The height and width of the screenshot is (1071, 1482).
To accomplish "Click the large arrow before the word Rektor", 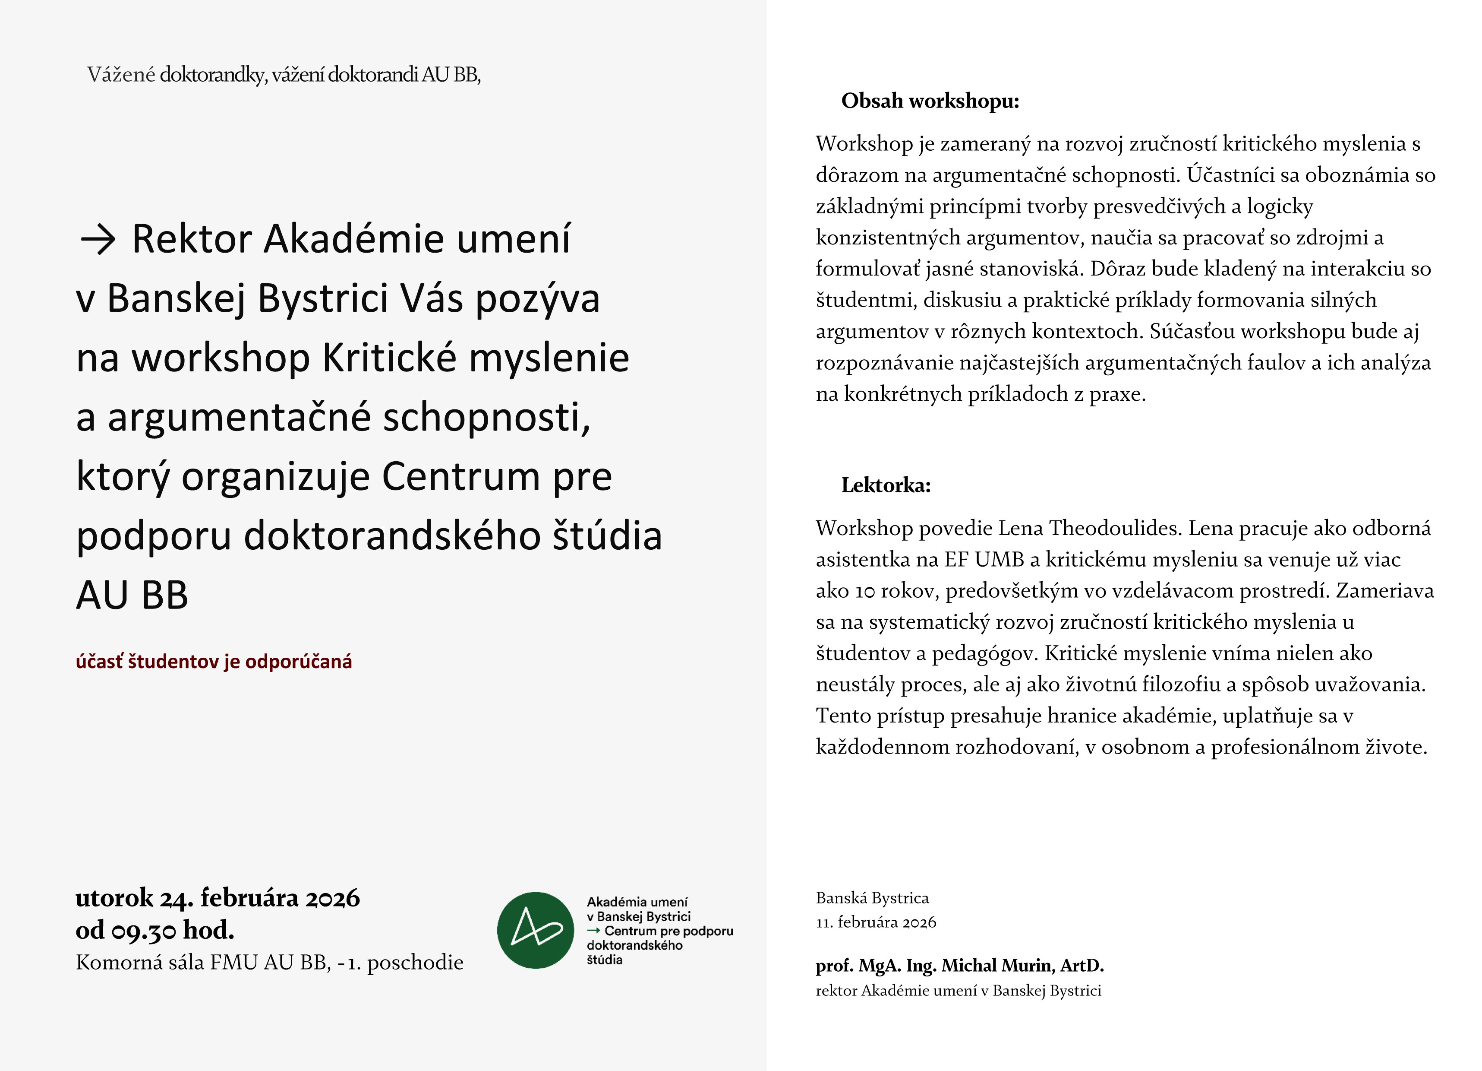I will click(98, 241).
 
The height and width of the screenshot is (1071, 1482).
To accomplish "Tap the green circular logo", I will click(535, 930).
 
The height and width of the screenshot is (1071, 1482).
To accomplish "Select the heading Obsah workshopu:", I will click(930, 101).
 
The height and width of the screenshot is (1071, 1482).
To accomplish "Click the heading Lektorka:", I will click(886, 485).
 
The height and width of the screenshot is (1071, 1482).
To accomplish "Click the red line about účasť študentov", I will click(214, 662).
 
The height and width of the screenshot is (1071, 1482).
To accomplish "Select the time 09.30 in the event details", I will click(144, 930).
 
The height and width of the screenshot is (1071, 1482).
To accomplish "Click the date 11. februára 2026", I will click(876, 922).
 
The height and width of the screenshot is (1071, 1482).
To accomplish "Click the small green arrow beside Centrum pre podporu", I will click(593, 930).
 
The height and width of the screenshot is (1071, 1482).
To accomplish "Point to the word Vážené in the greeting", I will click(121, 75).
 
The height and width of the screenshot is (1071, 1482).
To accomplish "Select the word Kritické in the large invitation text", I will click(389, 358).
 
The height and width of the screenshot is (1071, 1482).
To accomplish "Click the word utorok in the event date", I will click(114, 898).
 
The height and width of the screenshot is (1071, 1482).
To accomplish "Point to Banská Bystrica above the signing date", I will click(872, 898).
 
